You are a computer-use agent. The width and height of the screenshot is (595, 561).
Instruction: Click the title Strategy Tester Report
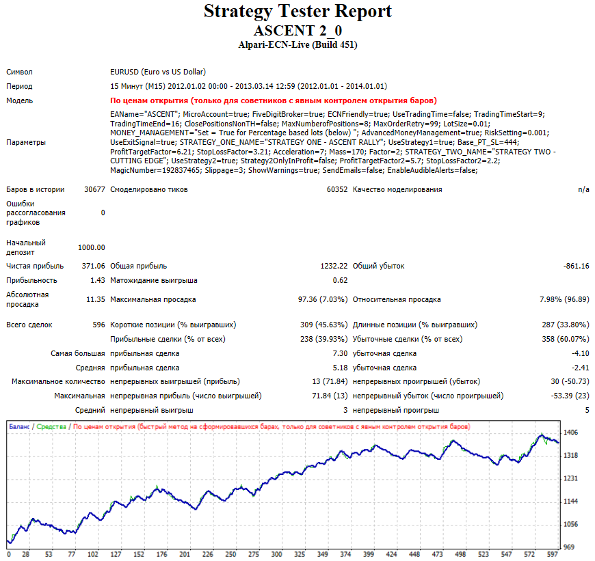297,12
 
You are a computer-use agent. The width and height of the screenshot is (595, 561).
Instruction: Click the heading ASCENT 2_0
298,30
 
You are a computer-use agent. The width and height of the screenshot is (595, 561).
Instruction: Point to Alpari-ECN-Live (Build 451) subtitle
298,44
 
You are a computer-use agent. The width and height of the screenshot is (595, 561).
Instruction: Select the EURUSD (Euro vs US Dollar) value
158,72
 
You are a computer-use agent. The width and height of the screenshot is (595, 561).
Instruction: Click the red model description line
273,100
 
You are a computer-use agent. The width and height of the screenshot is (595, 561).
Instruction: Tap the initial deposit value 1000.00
92,247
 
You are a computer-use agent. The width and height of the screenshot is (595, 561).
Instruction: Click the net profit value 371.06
93,266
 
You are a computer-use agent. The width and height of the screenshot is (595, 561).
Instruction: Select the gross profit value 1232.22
334,266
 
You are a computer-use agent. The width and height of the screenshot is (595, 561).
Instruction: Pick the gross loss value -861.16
577,266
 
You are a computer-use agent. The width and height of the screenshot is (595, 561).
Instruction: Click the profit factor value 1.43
98,280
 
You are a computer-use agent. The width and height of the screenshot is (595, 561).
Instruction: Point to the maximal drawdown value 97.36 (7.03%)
323,299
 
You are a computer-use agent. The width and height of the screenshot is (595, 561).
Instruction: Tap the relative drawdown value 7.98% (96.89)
564,299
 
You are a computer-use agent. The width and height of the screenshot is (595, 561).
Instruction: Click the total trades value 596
98,325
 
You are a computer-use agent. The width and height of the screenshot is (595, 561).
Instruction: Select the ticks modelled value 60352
337,189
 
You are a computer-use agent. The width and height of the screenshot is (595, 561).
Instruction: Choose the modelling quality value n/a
583,189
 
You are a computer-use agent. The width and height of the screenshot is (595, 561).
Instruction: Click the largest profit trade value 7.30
340,354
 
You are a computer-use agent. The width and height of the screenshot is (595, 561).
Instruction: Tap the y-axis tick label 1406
570,433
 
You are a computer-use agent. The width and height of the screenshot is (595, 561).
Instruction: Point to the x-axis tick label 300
276,554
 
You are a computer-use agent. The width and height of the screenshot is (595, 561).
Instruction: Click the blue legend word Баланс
19,427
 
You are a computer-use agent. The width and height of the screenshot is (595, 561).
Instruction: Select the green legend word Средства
51,427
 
